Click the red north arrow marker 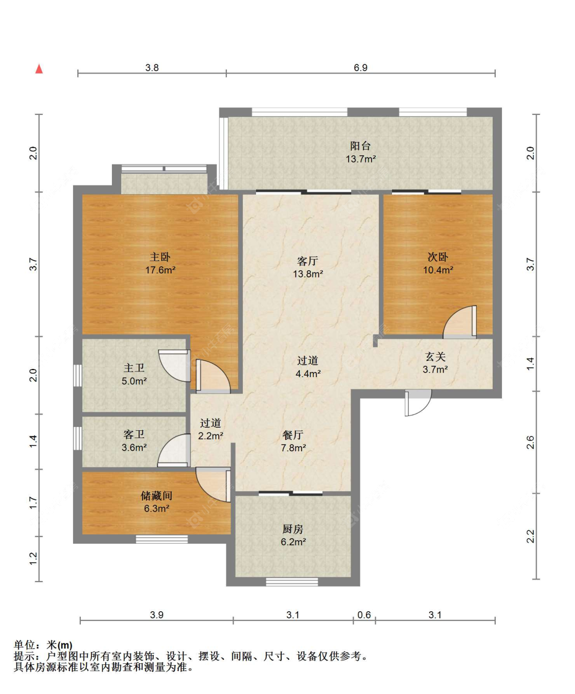point(39,69)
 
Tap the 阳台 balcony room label point(360,146)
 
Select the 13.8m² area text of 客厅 point(308,274)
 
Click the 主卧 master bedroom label point(160,257)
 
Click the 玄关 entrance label point(435,357)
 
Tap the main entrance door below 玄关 point(418,403)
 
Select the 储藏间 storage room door point(213,484)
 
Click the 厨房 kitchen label point(293,529)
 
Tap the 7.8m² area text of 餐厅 point(293,448)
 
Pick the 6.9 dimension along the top point(361,68)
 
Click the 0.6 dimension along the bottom point(364,615)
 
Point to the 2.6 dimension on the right point(531,442)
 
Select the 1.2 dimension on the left point(34,559)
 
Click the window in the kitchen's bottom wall point(292,582)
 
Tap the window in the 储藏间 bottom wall point(162,539)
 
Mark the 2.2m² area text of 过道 point(211,435)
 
